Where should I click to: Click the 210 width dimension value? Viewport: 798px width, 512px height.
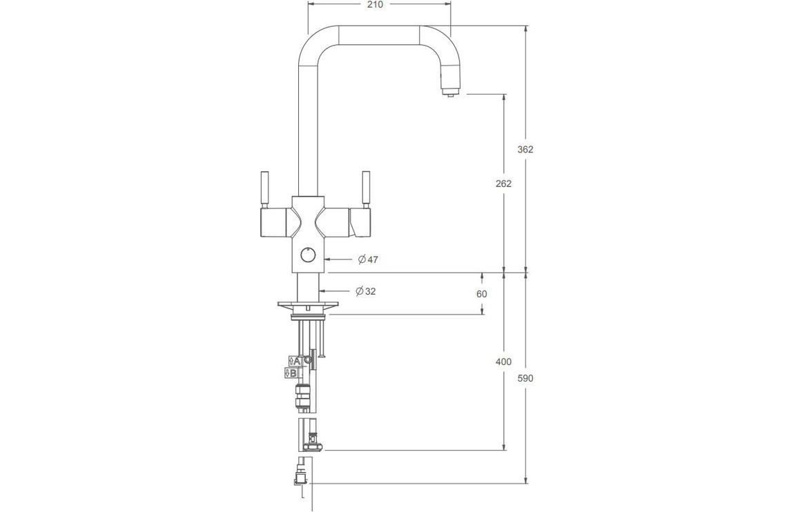click(x=375, y=5)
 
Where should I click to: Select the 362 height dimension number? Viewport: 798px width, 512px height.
click(x=525, y=149)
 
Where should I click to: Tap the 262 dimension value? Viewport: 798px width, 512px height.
click(x=503, y=184)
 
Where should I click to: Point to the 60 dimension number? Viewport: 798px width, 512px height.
click(x=481, y=294)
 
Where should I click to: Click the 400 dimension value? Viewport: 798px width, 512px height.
click(x=503, y=362)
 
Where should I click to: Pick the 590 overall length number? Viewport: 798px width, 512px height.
click(x=525, y=378)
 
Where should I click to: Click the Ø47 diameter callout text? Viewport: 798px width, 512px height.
click(x=368, y=259)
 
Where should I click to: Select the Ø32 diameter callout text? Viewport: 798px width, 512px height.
click(x=366, y=291)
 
